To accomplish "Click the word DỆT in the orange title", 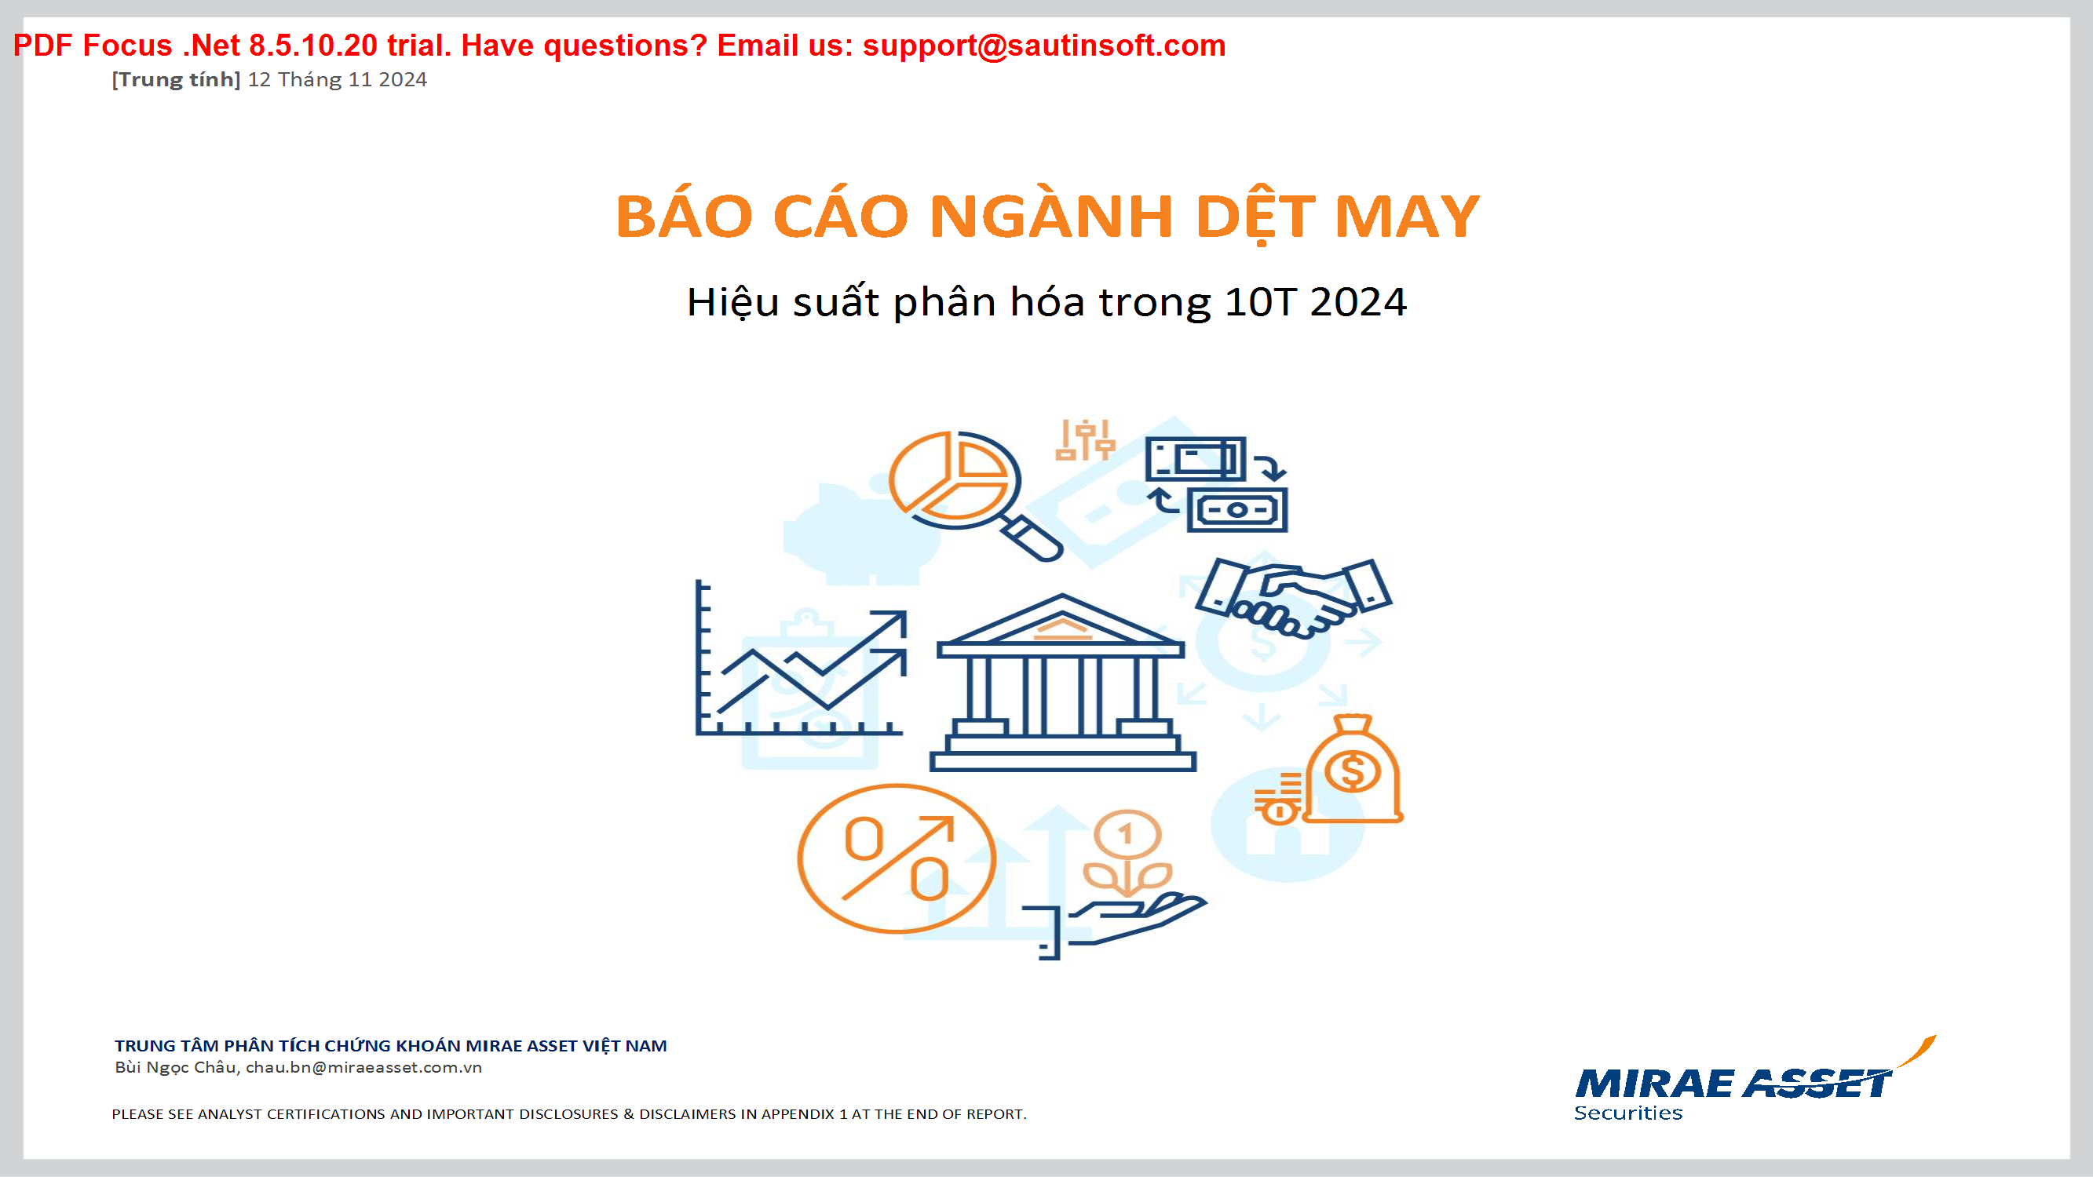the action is click(x=1255, y=217).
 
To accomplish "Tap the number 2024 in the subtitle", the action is click(x=1357, y=302).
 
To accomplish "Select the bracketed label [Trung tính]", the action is click(x=177, y=79).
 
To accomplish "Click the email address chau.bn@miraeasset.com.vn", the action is click(x=363, y=1067).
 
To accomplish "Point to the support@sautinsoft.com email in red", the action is click(x=1044, y=46).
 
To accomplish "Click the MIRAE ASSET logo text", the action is click(x=1733, y=1084).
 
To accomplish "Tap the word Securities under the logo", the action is click(x=1628, y=1113).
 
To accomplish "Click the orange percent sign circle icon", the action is click(x=897, y=858).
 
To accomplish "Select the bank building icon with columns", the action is click(x=1062, y=683).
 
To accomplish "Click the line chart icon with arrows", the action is click(x=801, y=658).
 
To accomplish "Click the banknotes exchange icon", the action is click(x=1216, y=484).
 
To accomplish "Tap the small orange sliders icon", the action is click(x=1085, y=440).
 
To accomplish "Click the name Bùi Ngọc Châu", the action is click(x=177, y=1067).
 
